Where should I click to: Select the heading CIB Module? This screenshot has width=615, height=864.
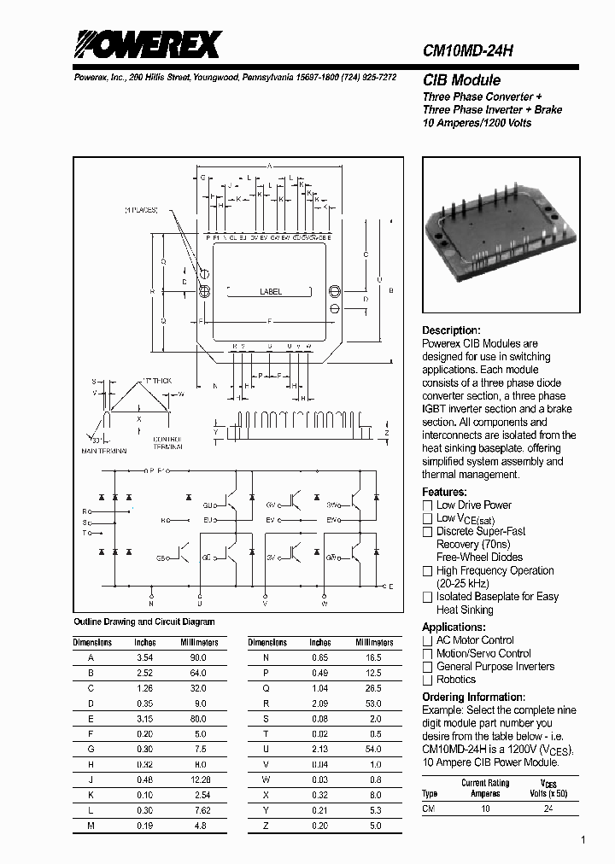click(461, 80)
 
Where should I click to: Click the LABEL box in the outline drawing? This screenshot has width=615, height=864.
click(271, 292)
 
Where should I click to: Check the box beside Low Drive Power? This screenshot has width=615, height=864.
click(428, 505)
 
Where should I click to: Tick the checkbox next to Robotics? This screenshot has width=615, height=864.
click(428, 680)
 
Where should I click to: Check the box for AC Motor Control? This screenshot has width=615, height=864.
click(428, 640)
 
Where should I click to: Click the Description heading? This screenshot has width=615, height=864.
click(451, 330)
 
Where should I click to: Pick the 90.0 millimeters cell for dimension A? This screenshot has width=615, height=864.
click(198, 658)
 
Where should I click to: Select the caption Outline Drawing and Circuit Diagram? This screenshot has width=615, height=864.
click(144, 622)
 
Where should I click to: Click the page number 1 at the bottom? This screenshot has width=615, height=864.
click(583, 841)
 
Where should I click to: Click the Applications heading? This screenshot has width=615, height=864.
click(454, 627)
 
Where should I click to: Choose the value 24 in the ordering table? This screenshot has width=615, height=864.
click(548, 808)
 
